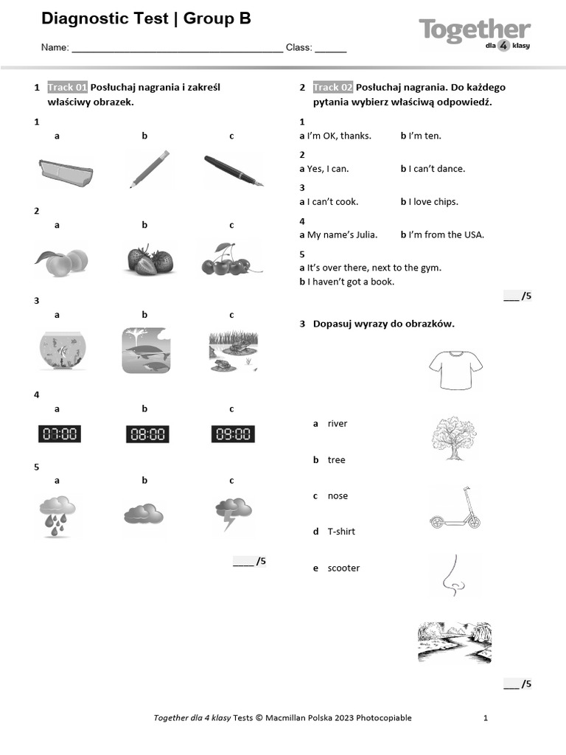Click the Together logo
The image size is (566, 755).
475,33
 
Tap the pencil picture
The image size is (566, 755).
150,169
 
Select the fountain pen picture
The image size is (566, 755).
234,170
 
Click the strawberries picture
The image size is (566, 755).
150,260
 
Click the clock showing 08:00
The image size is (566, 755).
147,434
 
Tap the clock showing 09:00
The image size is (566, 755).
233,434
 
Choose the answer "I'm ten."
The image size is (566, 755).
421,136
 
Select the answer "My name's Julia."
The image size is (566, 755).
338,234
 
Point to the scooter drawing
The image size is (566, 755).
455,509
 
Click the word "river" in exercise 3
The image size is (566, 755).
337,423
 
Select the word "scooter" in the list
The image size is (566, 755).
343,568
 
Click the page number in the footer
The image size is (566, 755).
486,717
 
